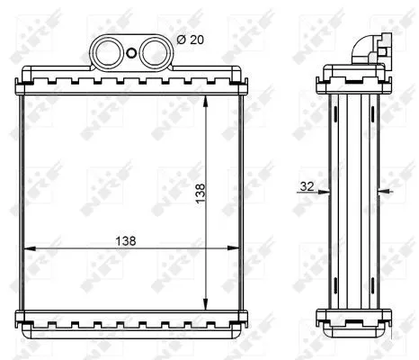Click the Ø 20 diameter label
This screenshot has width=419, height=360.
192,41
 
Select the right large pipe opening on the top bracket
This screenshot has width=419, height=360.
152,51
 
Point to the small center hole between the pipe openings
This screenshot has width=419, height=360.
133,51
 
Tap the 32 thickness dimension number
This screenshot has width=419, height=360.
307,188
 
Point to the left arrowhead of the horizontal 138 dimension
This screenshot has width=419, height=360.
26,247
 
